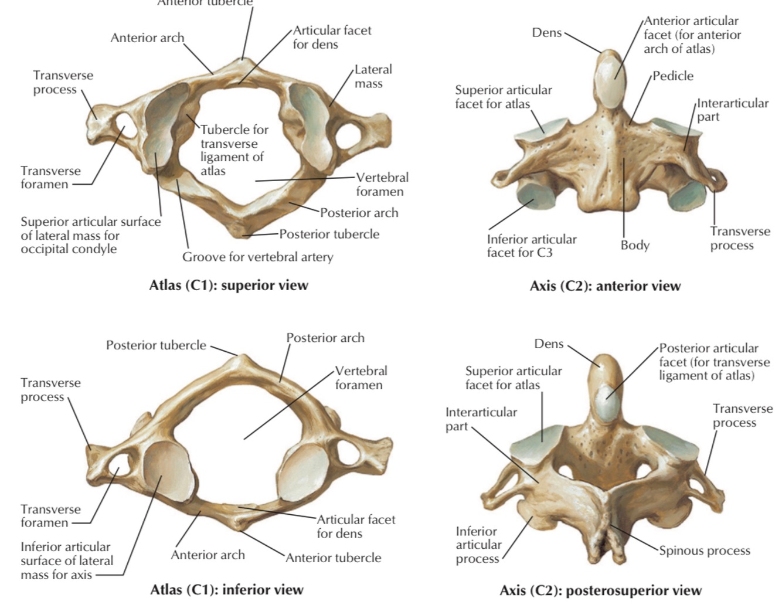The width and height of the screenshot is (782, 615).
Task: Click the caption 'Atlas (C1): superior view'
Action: pyautogui.click(x=229, y=286)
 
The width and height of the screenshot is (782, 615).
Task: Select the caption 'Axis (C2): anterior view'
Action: pyautogui.click(x=605, y=286)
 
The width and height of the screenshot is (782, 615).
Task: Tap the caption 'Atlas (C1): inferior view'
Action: pyautogui.click(x=227, y=589)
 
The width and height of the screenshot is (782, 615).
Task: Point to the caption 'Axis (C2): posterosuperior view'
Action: pyautogui.click(x=600, y=590)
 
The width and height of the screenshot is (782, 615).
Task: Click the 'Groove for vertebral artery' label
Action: pyautogui.click(x=257, y=257)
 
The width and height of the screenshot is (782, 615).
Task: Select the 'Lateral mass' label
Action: pyautogui.click(x=373, y=76)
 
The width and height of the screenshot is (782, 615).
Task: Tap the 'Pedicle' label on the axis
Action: pyautogui.click(x=672, y=76)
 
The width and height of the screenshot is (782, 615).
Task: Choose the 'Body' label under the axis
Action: pyautogui.click(x=635, y=245)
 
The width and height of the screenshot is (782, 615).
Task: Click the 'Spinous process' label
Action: pyautogui.click(x=704, y=551)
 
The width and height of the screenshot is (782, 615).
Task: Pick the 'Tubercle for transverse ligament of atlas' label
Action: pyautogui.click(x=233, y=150)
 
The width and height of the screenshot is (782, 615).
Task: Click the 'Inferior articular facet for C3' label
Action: pyautogui.click(x=531, y=246)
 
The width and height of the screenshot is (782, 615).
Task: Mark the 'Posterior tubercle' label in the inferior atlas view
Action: pyautogui.click(x=156, y=345)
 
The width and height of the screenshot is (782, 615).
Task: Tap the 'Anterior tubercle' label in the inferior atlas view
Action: pyautogui.click(x=333, y=558)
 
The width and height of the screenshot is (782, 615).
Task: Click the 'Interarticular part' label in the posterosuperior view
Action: pyautogui.click(x=481, y=419)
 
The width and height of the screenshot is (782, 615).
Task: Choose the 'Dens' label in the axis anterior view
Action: pyautogui.click(x=546, y=33)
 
